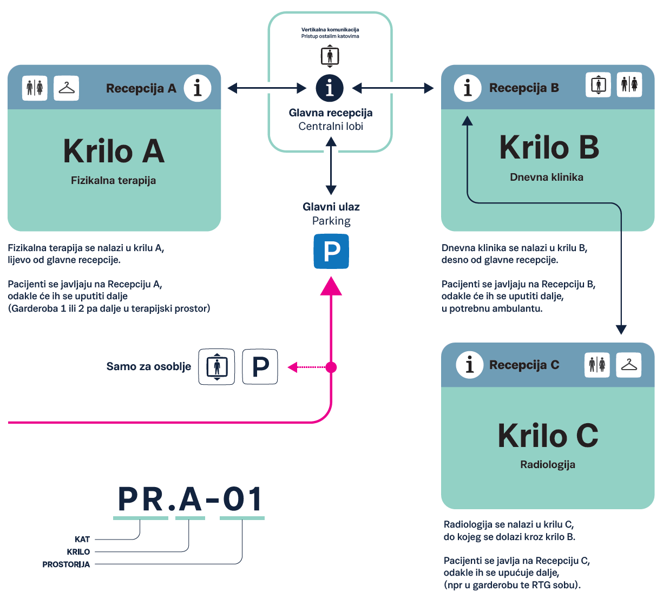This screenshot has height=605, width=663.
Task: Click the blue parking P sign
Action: (x=331, y=252)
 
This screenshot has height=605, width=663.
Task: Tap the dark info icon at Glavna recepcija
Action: (x=330, y=88)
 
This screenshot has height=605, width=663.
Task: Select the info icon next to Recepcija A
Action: (x=198, y=88)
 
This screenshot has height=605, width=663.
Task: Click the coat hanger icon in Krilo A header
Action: (x=67, y=88)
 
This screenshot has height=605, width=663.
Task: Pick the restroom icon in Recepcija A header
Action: (x=35, y=88)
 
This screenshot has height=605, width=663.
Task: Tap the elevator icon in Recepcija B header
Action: (x=598, y=85)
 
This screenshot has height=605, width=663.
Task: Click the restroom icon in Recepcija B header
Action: (x=629, y=85)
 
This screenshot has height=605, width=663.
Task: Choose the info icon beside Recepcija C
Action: (x=469, y=365)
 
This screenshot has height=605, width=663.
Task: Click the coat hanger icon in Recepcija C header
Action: (x=629, y=365)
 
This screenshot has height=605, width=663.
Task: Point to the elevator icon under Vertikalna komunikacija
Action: (x=330, y=56)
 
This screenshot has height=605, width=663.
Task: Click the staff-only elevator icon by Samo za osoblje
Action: (x=216, y=367)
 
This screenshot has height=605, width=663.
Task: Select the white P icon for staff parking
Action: (x=260, y=367)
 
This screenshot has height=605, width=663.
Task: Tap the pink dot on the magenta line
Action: (x=331, y=367)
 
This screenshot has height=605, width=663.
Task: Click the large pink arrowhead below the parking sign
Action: (x=331, y=286)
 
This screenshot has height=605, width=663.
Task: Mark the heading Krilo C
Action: (x=548, y=436)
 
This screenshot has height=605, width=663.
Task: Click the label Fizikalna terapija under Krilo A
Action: (x=113, y=181)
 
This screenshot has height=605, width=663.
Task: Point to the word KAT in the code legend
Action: (x=82, y=540)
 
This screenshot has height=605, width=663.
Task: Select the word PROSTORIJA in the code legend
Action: (x=66, y=564)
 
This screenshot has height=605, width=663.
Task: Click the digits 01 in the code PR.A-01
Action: (x=242, y=499)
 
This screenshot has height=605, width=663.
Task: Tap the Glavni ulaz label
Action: (x=331, y=207)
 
